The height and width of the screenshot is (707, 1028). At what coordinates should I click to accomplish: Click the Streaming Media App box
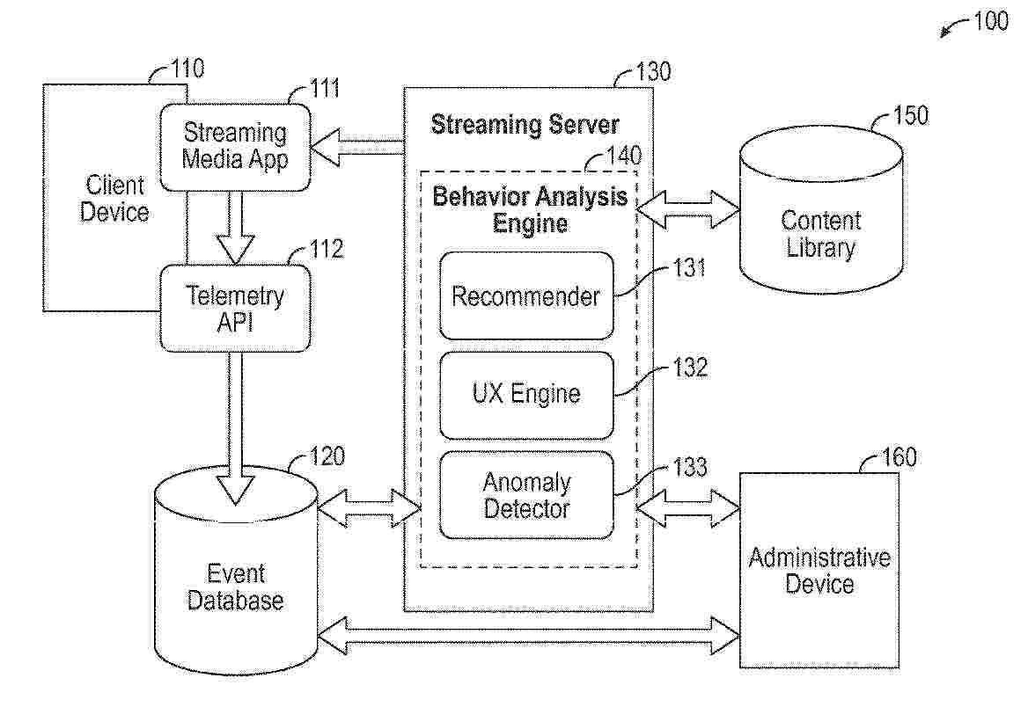click(x=235, y=147)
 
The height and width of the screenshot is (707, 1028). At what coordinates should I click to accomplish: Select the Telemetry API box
click(x=235, y=308)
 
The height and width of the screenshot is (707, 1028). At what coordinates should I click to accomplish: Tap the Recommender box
click(x=526, y=295)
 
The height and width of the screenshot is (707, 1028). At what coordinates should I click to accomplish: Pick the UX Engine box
click(x=526, y=395)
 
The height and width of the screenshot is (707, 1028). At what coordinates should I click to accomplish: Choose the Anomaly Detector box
click(x=526, y=495)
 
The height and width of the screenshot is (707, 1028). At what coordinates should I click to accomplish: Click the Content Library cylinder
click(x=821, y=209)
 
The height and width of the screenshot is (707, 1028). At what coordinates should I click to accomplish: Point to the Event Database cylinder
click(x=235, y=570)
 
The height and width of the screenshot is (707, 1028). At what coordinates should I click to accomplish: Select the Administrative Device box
click(x=819, y=570)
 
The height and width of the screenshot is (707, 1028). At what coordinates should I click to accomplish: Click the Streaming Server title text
click(x=525, y=125)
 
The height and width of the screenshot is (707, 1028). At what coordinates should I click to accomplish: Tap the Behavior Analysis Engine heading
click(x=530, y=209)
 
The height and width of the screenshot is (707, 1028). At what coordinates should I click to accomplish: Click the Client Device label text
click(x=114, y=199)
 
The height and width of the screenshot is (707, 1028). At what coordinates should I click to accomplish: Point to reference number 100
click(x=991, y=21)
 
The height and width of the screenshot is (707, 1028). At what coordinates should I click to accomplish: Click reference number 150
click(x=911, y=115)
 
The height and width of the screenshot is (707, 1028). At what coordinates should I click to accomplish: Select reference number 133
click(x=689, y=467)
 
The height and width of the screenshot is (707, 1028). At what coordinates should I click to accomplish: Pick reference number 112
click(x=326, y=249)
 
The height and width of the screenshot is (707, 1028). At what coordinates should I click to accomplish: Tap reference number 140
click(x=623, y=156)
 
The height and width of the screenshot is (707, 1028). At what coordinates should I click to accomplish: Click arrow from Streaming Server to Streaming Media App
click(x=356, y=148)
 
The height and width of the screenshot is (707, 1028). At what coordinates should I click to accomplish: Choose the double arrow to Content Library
click(x=687, y=209)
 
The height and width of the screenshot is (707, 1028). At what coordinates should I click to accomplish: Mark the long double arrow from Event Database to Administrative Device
click(x=528, y=635)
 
